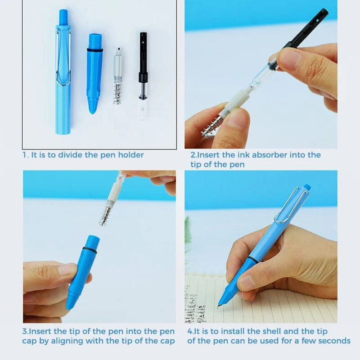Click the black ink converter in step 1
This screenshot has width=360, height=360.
[x=143, y=63]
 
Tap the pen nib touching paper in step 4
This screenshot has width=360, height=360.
[x=219, y=306]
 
